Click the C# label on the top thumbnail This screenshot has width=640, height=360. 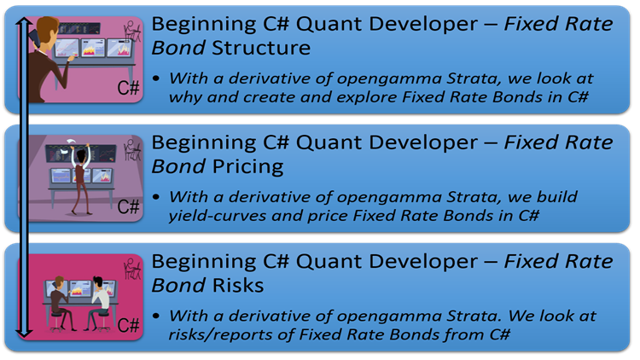coord(130,88)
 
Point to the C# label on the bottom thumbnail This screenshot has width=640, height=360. coord(130,324)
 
